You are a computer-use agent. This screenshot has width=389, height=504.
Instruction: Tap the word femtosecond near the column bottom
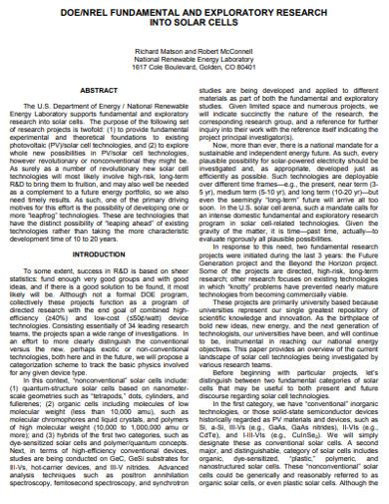click(93, 486)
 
